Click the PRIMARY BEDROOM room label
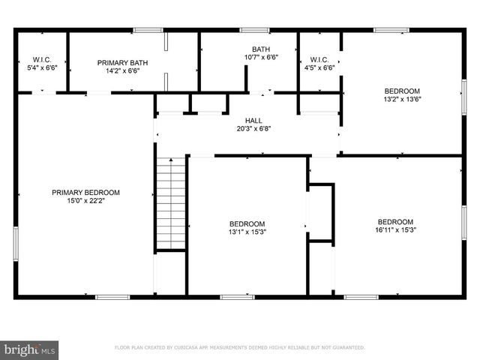[85, 193]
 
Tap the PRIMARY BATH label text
[118, 63]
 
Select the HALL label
[253, 120]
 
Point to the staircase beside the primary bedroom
[170, 203]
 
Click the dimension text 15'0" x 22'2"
[85, 201]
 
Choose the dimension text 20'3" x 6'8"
[253, 128]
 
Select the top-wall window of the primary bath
[148, 30]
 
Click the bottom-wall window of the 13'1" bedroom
[237, 296]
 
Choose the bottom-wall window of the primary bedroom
[112, 296]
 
